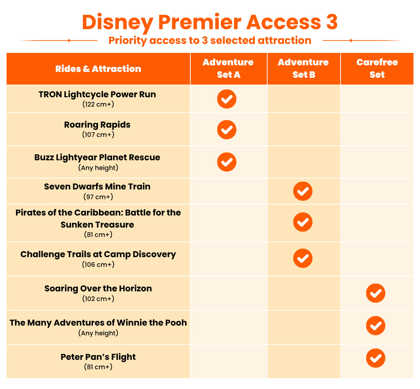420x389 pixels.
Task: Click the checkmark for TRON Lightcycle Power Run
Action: pos(227,99)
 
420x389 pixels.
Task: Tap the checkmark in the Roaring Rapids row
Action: pos(227,130)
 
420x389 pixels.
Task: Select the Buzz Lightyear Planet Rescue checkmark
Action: pos(227,162)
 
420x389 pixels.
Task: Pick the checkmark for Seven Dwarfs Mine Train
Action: pos(303,191)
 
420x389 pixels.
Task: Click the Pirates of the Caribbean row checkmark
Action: pos(303,222)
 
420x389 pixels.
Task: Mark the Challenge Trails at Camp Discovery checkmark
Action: pos(303,258)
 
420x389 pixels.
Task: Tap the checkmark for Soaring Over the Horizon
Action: pos(376,293)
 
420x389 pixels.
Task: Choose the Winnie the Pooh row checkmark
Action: pos(376,326)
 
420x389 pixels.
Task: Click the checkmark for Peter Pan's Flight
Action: pos(376,358)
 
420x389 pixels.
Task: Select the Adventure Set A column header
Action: pos(228,68)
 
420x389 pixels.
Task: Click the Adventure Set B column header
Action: pos(303,68)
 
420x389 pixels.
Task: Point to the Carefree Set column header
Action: pos(377,68)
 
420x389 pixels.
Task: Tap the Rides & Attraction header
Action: pos(98,69)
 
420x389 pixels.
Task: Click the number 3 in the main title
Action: pos(332,22)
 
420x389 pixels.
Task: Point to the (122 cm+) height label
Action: pos(98,104)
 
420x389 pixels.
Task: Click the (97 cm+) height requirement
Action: pos(98,197)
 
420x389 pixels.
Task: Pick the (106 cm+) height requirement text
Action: pos(98,265)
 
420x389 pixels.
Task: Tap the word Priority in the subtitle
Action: pos(128,41)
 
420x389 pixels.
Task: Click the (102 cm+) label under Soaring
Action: pos(98,299)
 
